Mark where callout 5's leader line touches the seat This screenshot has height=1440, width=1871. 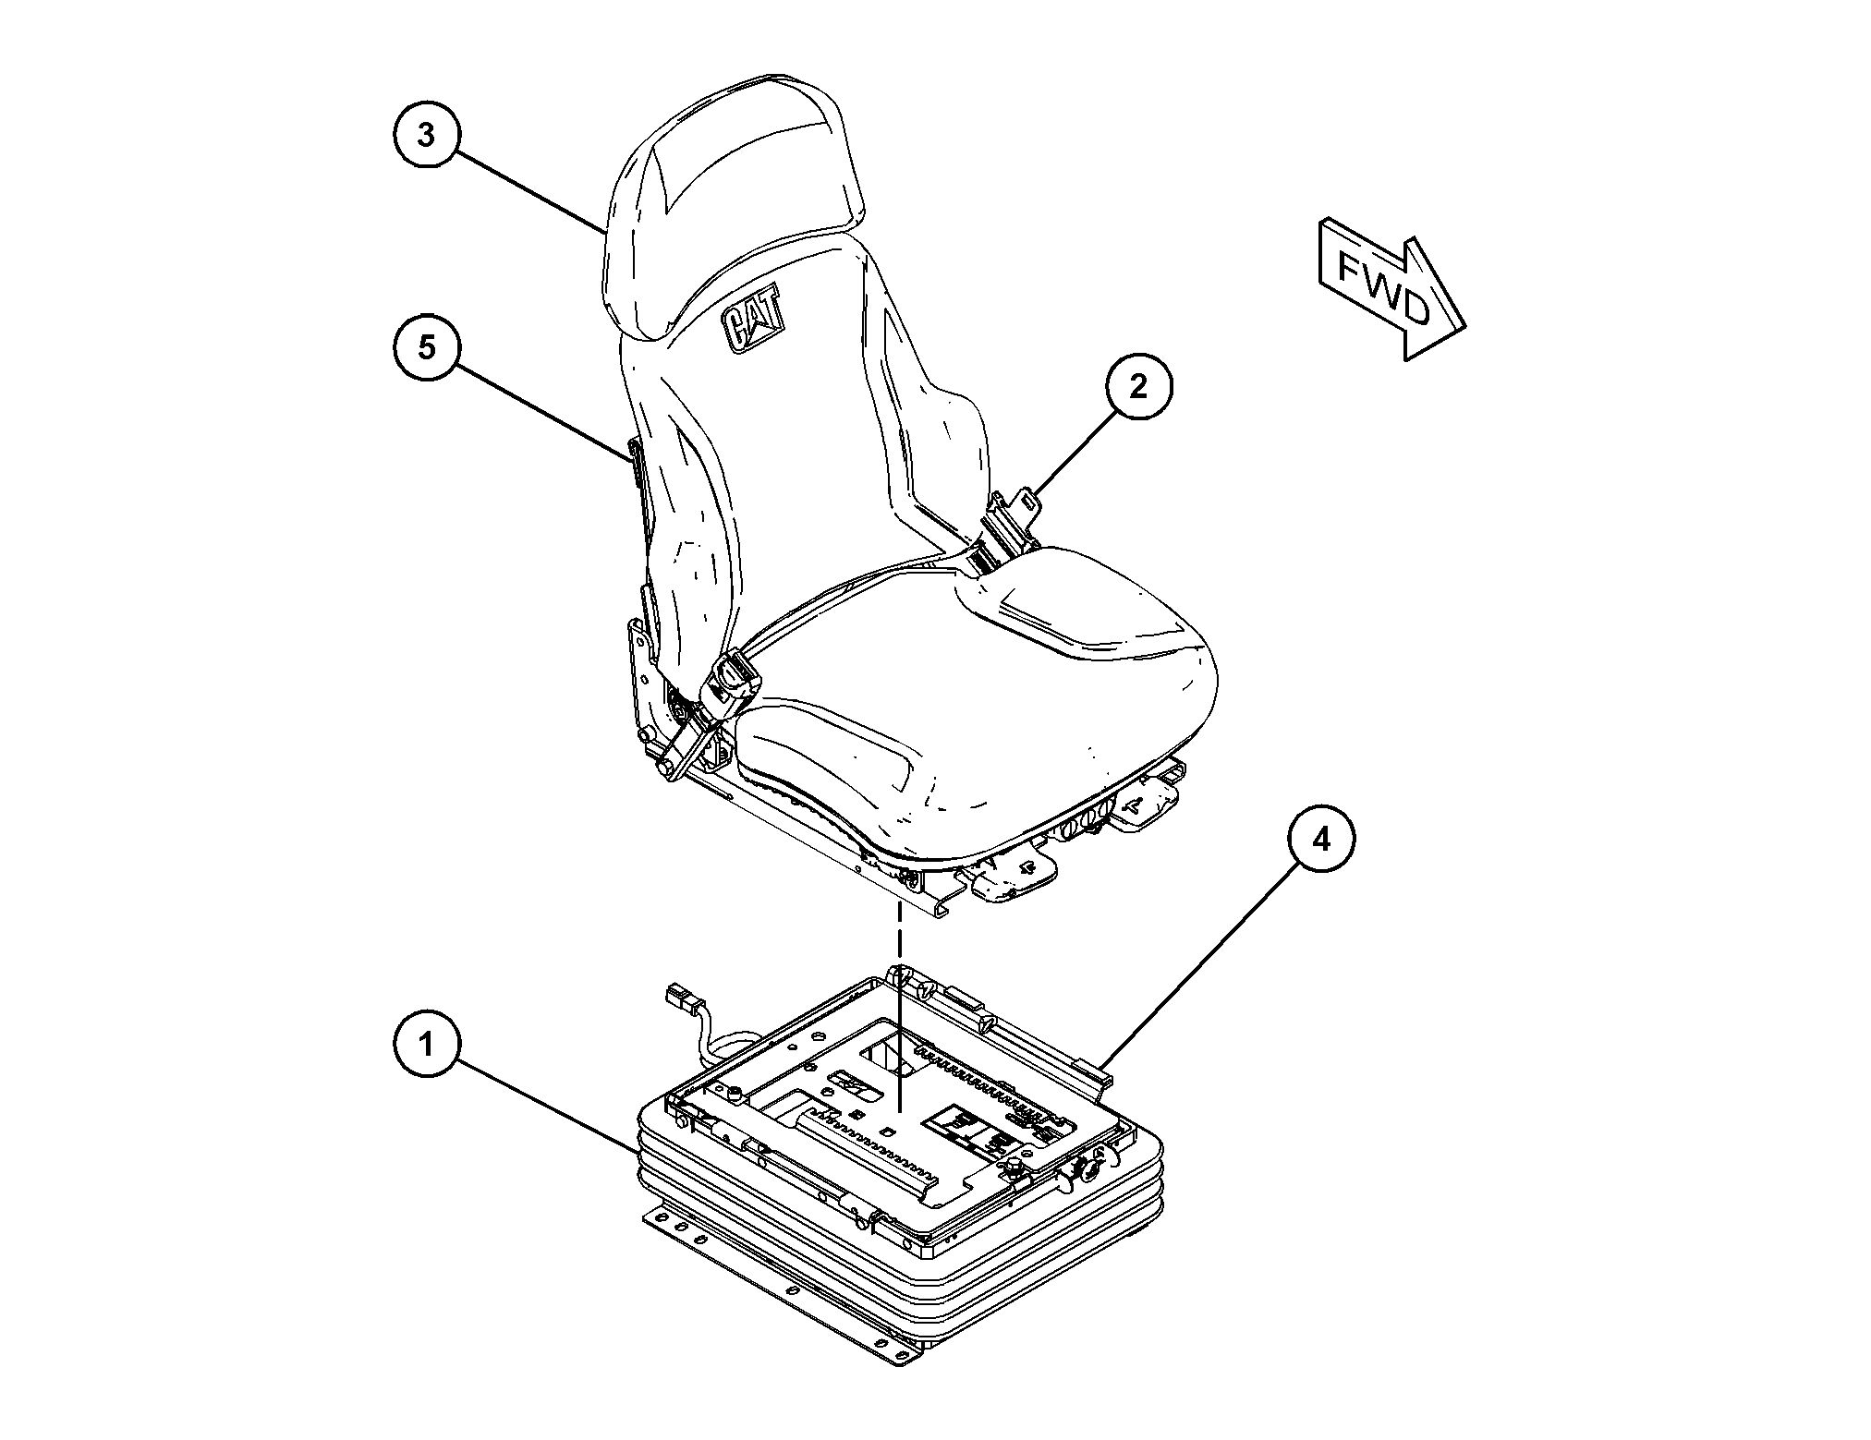pos(635,459)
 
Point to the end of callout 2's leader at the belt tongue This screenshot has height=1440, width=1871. pos(1034,495)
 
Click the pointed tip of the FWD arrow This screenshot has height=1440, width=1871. pos(1466,327)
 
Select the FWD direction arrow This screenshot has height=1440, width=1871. pos(1391,288)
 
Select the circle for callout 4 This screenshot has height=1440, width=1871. pos(1322,840)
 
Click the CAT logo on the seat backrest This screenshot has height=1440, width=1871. pos(753,320)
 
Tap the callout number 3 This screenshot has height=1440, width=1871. pos(426,135)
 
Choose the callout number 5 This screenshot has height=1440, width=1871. pos(426,347)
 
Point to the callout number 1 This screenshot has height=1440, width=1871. pos(426,1045)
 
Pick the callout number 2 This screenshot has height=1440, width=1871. pos(1138,387)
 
